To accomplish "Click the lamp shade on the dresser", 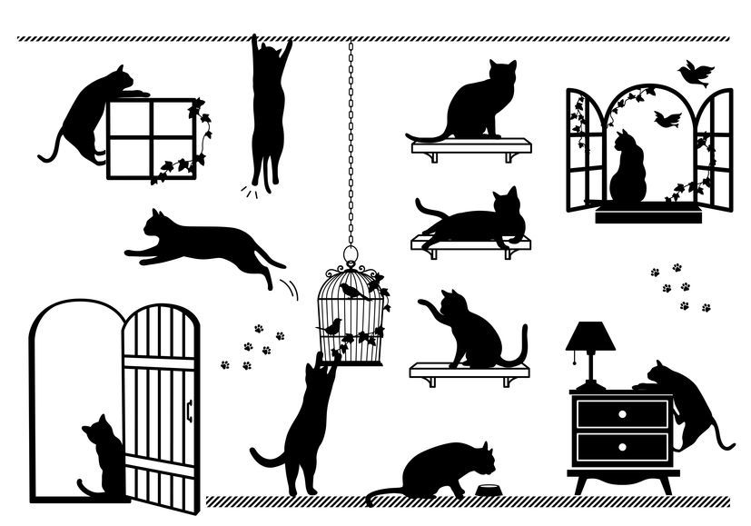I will (589, 337).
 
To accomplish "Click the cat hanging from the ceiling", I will (269, 109).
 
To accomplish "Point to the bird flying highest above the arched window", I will (697, 72).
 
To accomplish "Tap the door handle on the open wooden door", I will (189, 411).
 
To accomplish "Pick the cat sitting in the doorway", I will (103, 459).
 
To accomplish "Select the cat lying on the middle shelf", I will (477, 222).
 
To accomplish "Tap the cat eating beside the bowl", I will (440, 471).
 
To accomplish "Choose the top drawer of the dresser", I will (623, 413).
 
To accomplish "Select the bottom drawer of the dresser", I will (623, 447).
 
